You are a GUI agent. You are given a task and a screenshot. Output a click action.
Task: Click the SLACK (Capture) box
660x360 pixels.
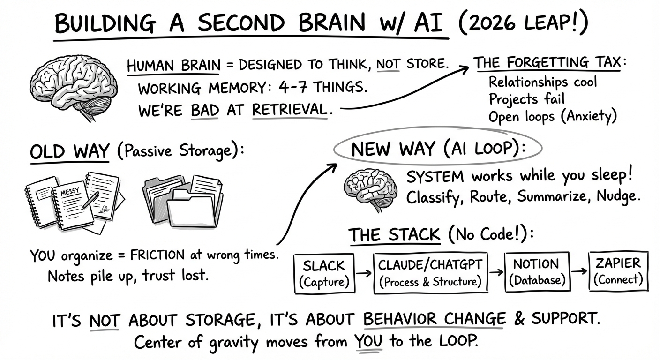[x=323, y=273]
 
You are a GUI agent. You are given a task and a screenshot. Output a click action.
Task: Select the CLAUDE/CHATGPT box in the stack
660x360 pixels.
[x=429, y=273]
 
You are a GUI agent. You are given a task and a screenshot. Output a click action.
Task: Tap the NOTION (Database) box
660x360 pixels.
[x=535, y=272]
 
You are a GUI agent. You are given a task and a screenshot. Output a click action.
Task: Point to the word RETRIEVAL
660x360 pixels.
[x=289, y=110]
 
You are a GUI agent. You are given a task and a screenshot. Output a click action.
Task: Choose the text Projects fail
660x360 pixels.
[x=526, y=99]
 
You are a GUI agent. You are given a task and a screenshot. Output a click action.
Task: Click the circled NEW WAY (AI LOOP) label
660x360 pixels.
[x=437, y=149]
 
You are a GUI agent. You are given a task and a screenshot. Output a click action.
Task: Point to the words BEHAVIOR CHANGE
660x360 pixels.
[x=435, y=320]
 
